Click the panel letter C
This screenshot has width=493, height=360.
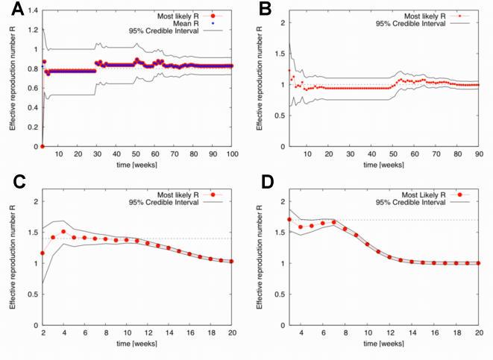click(x=10, y=183)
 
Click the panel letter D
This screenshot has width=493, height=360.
click(x=264, y=183)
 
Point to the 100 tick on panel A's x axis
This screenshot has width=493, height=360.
click(x=233, y=154)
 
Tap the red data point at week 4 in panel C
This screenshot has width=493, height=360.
click(x=63, y=232)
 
